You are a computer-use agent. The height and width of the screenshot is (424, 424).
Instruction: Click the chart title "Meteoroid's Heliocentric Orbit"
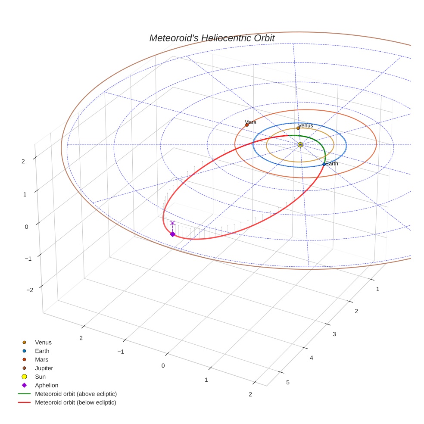212,38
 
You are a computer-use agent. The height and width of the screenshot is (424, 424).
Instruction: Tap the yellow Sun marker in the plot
300,145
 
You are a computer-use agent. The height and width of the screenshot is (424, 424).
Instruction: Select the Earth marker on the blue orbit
324,164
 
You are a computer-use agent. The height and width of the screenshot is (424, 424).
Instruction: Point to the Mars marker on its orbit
247,125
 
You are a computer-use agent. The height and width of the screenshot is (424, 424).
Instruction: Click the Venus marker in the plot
298,128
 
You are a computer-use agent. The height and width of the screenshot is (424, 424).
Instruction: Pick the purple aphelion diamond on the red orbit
172,234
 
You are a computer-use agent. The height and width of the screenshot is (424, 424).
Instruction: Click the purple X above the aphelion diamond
172,223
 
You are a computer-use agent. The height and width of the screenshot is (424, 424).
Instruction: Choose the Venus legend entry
43,343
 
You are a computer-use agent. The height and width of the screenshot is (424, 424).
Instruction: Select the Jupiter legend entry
44,368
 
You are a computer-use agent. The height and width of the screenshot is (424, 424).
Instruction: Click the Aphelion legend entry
46,386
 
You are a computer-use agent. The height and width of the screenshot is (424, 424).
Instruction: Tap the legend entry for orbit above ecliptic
75,394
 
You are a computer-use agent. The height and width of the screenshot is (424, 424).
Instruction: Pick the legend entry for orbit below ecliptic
75,402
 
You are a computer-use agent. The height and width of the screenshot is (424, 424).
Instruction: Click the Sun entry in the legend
40,377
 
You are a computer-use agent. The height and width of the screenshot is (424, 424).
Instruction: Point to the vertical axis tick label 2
23,161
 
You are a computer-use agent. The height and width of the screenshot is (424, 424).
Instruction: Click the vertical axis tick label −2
29,290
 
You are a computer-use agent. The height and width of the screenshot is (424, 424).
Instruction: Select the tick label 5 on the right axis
287,383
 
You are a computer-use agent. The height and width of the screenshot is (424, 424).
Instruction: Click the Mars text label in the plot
250,122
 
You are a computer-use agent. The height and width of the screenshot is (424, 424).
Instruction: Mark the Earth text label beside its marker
332,164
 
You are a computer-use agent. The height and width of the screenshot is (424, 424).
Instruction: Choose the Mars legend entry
41,360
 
